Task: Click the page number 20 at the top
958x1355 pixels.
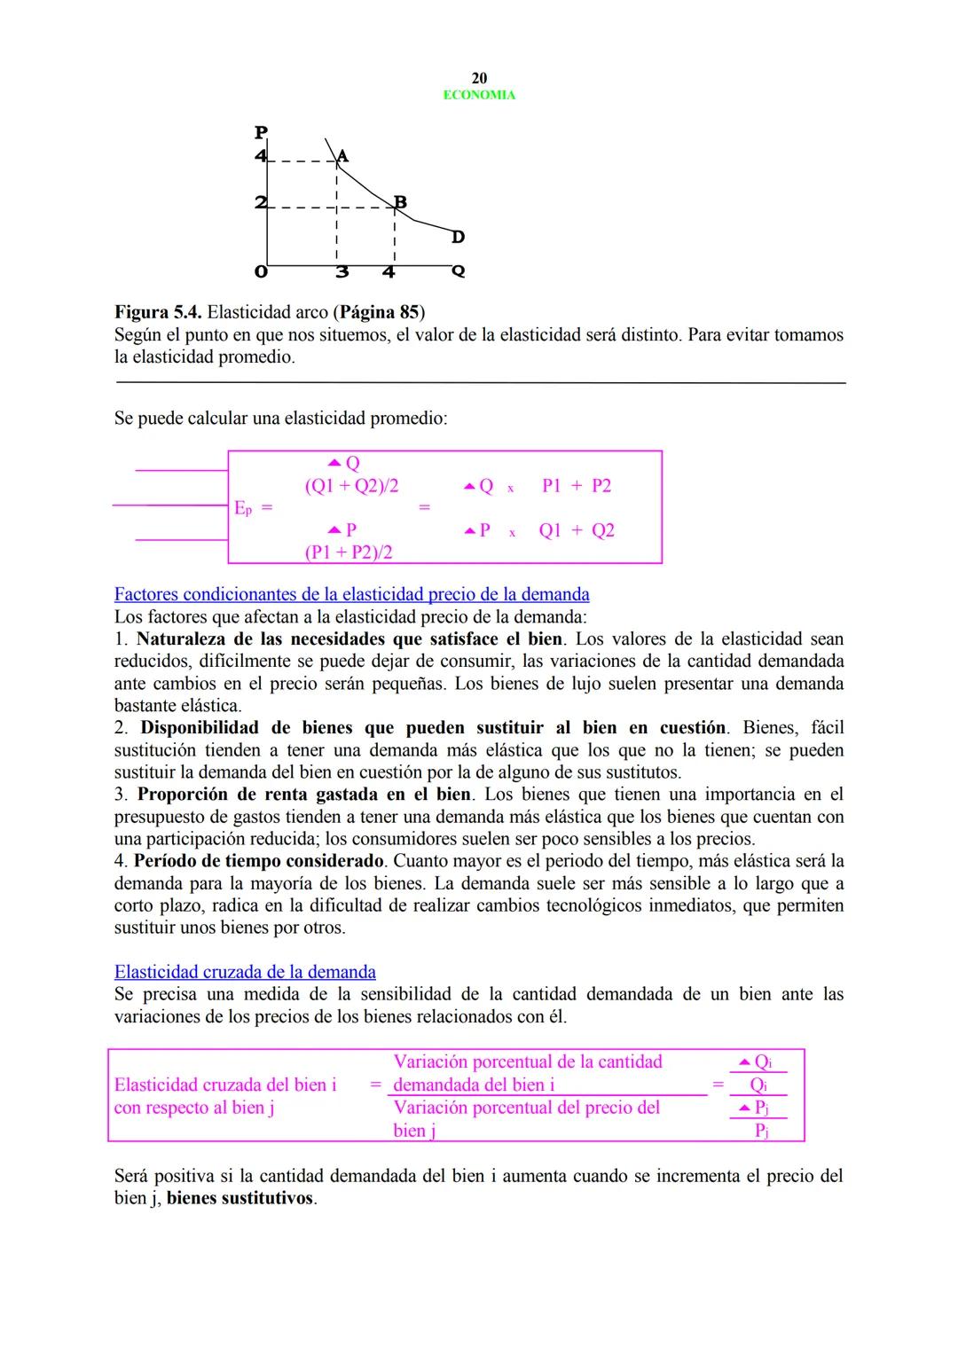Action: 479,78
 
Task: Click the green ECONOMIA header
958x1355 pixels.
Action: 479,95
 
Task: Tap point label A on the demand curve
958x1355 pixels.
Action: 343,156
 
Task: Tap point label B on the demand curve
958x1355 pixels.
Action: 400,202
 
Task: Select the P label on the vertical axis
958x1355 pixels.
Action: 260,133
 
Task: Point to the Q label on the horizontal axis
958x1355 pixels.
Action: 458,271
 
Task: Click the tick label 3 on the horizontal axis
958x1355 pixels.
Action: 342,272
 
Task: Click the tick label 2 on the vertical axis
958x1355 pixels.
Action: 260,203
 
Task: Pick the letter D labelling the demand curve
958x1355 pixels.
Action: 458,238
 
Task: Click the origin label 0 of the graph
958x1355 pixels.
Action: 260,272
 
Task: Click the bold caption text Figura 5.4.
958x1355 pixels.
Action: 159,312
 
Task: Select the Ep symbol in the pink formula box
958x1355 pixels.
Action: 243,508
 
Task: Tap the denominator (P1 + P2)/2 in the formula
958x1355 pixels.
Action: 349,552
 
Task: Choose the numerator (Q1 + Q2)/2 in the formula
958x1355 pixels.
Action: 351,486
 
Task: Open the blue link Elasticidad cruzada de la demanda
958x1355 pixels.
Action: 245,972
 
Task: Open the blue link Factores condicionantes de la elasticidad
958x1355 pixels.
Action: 351,594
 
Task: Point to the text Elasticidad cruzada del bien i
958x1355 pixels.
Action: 225,1085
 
